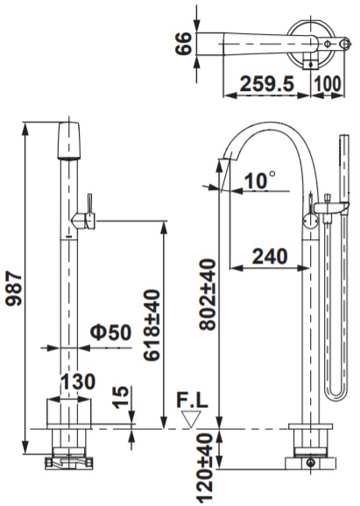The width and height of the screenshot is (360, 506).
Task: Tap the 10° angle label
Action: coord(259,180)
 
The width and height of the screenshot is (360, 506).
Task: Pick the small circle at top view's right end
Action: coord(330,41)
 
